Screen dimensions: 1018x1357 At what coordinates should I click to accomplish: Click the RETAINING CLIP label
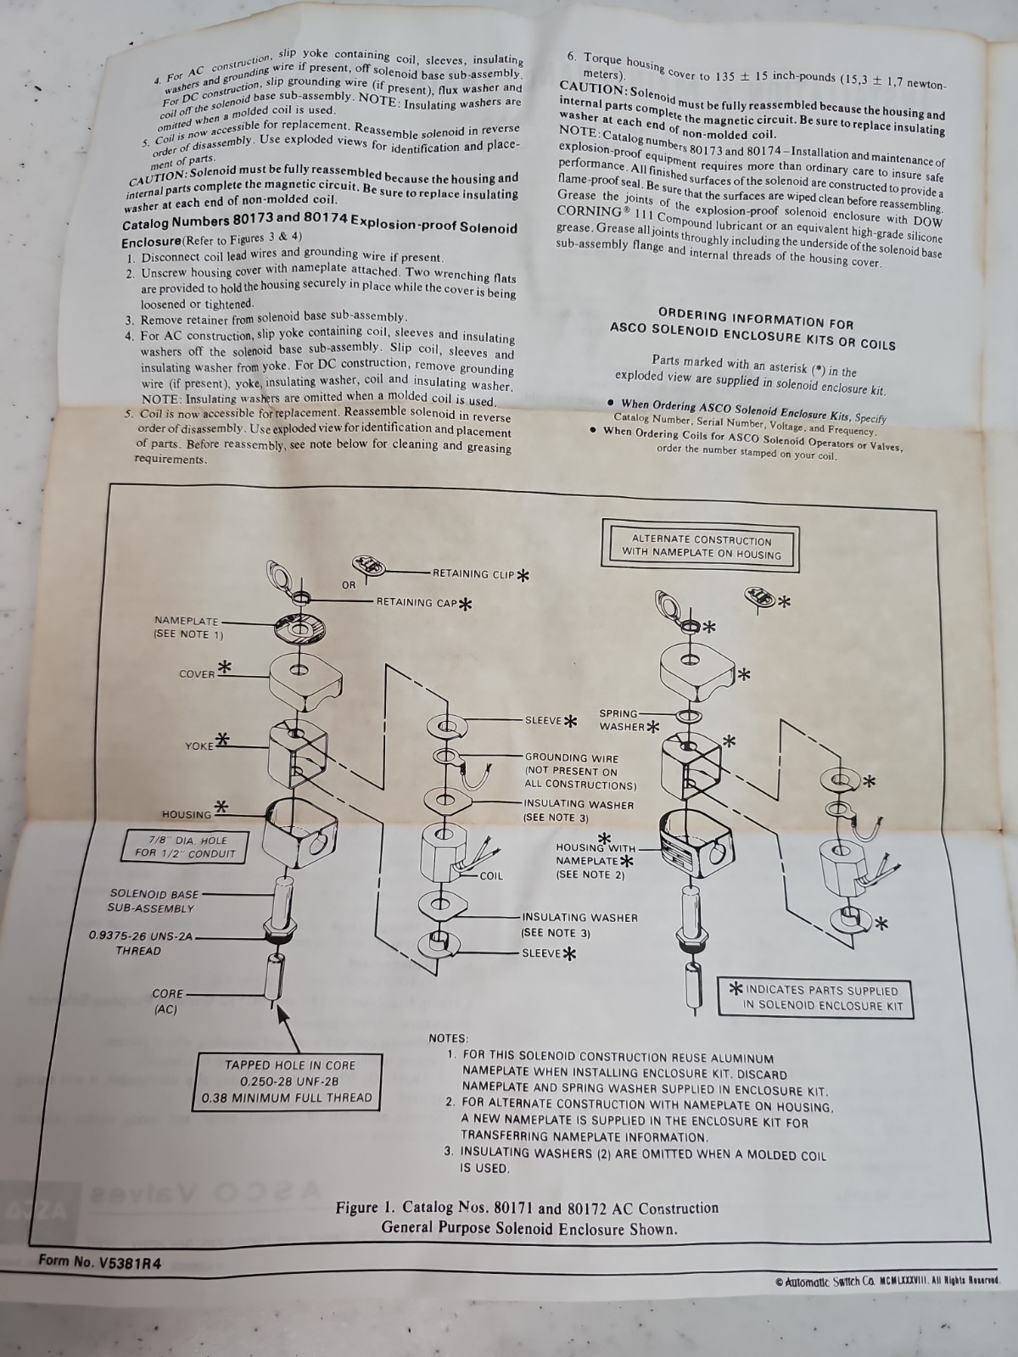tap(473, 573)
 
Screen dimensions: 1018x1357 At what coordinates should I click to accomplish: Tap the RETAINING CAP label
tap(417, 602)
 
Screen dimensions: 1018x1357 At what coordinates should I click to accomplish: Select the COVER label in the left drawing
tap(197, 674)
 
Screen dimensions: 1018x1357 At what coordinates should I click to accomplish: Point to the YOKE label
tap(199, 746)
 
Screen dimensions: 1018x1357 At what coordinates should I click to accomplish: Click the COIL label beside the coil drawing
tap(491, 875)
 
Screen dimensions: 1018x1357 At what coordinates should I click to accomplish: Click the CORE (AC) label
tap(167, 1002)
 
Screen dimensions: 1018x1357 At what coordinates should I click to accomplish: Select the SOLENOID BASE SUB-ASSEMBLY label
tap(154, 901)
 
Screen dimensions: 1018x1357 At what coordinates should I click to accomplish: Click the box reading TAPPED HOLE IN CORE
tap(289, 1082)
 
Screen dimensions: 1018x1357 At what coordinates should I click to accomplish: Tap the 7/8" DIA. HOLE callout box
tap(186, 847)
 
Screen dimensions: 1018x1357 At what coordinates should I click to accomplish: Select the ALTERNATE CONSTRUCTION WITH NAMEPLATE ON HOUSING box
tap(701, 548)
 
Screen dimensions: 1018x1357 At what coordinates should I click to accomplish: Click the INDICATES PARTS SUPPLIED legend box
tap(815, 997)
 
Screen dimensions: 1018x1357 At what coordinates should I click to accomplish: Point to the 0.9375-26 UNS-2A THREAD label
tap(141, 943)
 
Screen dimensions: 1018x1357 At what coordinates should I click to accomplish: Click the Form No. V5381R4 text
tap(99, 1261)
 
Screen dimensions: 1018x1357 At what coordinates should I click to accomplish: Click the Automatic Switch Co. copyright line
tap(887, 1281)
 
